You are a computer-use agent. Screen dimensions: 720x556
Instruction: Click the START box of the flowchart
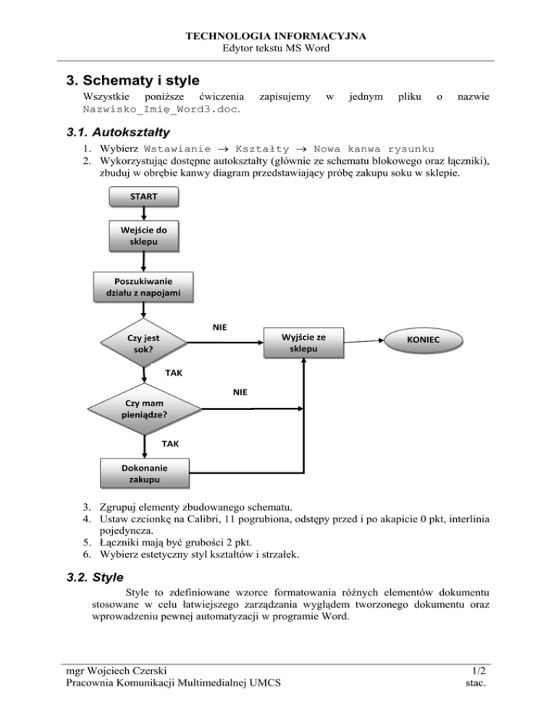click(x=143, y=196)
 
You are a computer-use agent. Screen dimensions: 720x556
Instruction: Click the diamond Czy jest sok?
click(x=143, y=343)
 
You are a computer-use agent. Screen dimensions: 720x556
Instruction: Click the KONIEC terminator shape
click(x=423, y=339)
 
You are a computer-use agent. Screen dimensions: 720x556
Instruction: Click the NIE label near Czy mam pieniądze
click(x=240, y=392)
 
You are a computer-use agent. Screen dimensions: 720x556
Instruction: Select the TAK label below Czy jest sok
click(x=174, y=373)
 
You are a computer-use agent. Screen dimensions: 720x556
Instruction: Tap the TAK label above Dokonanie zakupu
click(x=172, y=442)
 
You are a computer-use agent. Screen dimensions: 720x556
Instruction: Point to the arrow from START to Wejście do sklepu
click(x=143, y=213)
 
